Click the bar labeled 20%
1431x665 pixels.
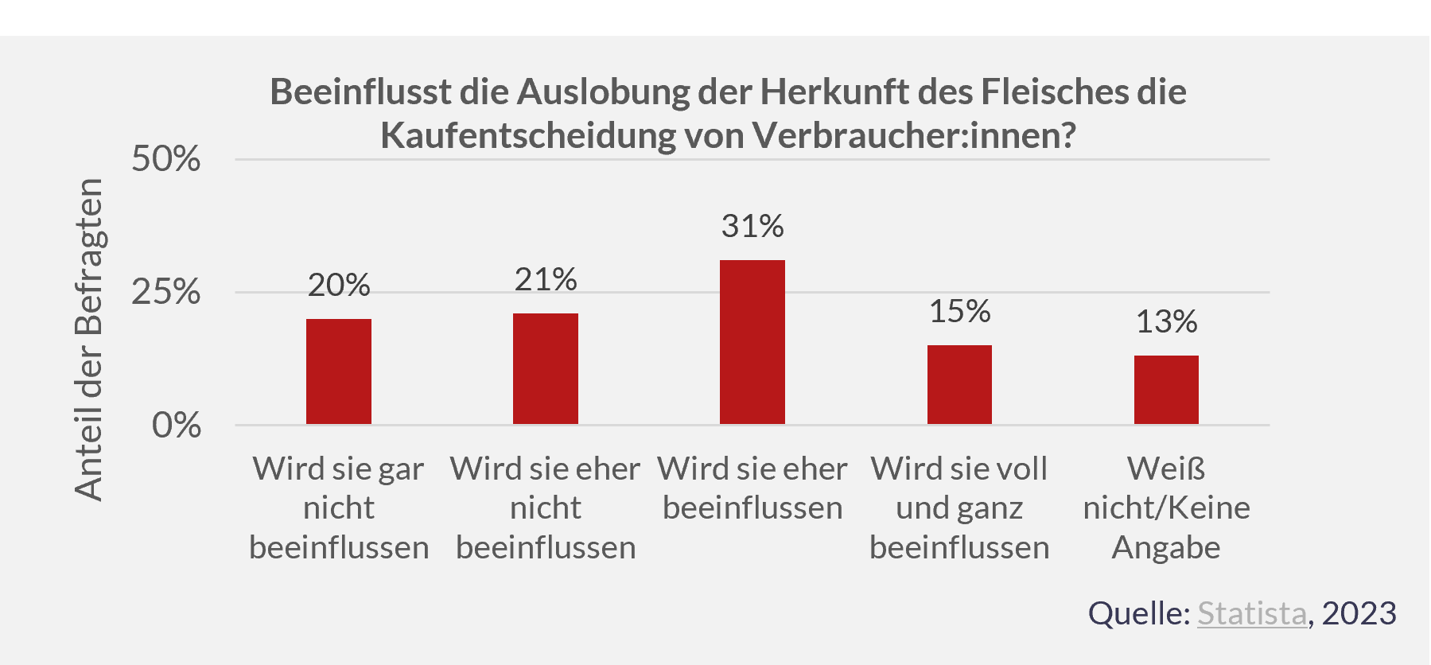pyautogui.click(x=339, y=371)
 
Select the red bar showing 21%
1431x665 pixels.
pyautogui.click(x=546, y=368)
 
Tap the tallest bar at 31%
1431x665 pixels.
pyautogui.click(x=752, y=342)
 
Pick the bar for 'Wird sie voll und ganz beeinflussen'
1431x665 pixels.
pyautogui.click(x=959, y=384)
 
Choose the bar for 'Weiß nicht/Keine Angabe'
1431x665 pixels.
pyautogui.click(x=1166, y=390)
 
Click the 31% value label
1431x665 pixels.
pyautogui.click(x=752, y=227)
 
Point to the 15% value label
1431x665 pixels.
pyautogui.click(x=959, y=312)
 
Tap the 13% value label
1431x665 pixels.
pyautogui.click(x=1166, y=322)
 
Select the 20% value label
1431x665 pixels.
pyautogui.click(x=339, y=286)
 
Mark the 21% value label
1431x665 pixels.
pyautogui.click(x=546, y=280)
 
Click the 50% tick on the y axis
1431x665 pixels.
pyautogui.click(x=165, y=159)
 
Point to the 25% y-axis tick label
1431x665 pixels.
pyautogui.click(x=165, y=293)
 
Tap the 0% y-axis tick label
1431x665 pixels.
pyautogui.click(x=176, y=426)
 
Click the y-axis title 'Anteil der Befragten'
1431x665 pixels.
pyautogui.click(x=88, y=340)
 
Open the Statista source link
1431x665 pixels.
pyautogui.click(x=1252, y=613)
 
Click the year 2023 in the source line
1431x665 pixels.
pyautogui.click(x=1359, y=613)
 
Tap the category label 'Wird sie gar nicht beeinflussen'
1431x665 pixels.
pyautogui.click(x=339, y=507)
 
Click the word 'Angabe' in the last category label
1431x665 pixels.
pyautogui.click(x=1166, y=547)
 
